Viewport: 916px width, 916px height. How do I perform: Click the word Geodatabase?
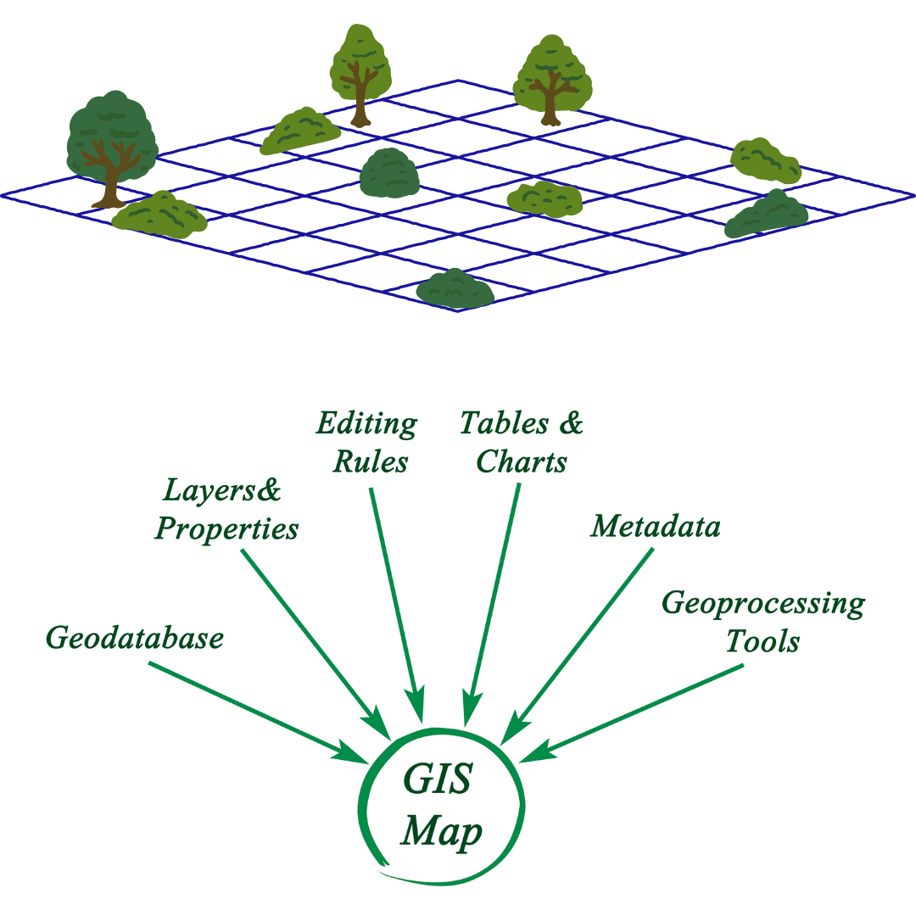pos(134,638)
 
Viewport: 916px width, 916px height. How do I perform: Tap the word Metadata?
pos(656,527)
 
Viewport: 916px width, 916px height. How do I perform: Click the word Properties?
pos(226,529)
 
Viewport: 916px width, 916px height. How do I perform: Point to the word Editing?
pos(366,423)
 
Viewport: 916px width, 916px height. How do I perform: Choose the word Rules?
pos(371,462)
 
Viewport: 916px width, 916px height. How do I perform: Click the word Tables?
pos(500,423)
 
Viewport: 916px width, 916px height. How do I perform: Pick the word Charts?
pos(522,462)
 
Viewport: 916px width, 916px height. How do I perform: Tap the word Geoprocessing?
pos(762,604)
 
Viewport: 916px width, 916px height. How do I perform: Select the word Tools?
pos(762,642)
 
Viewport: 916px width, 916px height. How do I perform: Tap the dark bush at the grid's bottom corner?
pos(455,290)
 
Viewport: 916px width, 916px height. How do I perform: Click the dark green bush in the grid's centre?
pos(389,174)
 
